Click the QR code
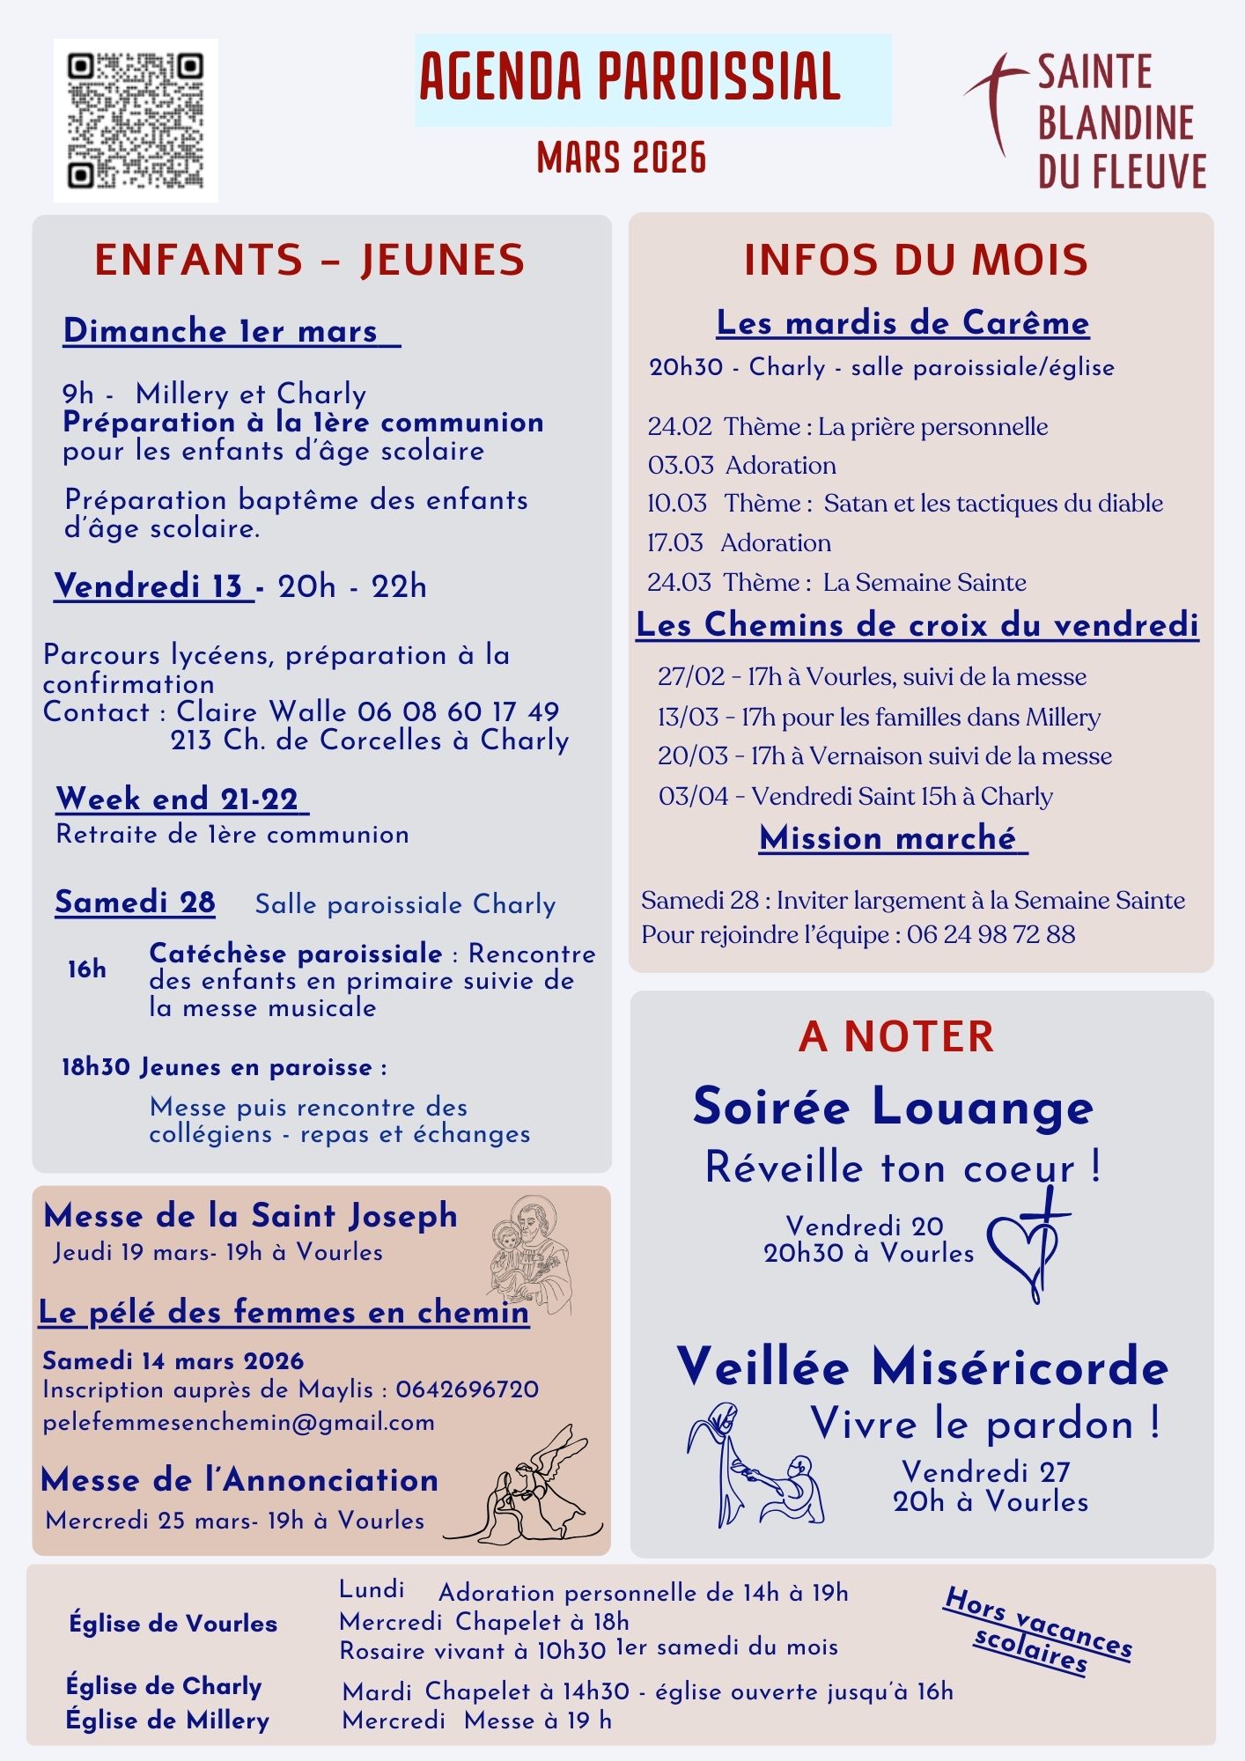pos(136,121)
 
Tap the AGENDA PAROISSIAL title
pos(630,77)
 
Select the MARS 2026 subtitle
pos(622,158)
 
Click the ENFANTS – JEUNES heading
pos(309,260)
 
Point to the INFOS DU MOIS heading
pos(916,260)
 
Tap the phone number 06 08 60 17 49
pos(458,711)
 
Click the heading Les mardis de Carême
pos(902,323)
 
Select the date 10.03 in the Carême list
pos(677,504)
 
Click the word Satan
pos(855,504)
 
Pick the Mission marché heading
pos(892,838)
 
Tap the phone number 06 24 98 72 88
pos(991,934)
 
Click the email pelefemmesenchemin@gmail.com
pos(239,1422)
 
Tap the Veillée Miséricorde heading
pos(922,1367)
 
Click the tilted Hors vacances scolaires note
pos(1036,1631)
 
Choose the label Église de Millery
pos(167,1720)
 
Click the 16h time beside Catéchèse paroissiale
pos(87,969)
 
